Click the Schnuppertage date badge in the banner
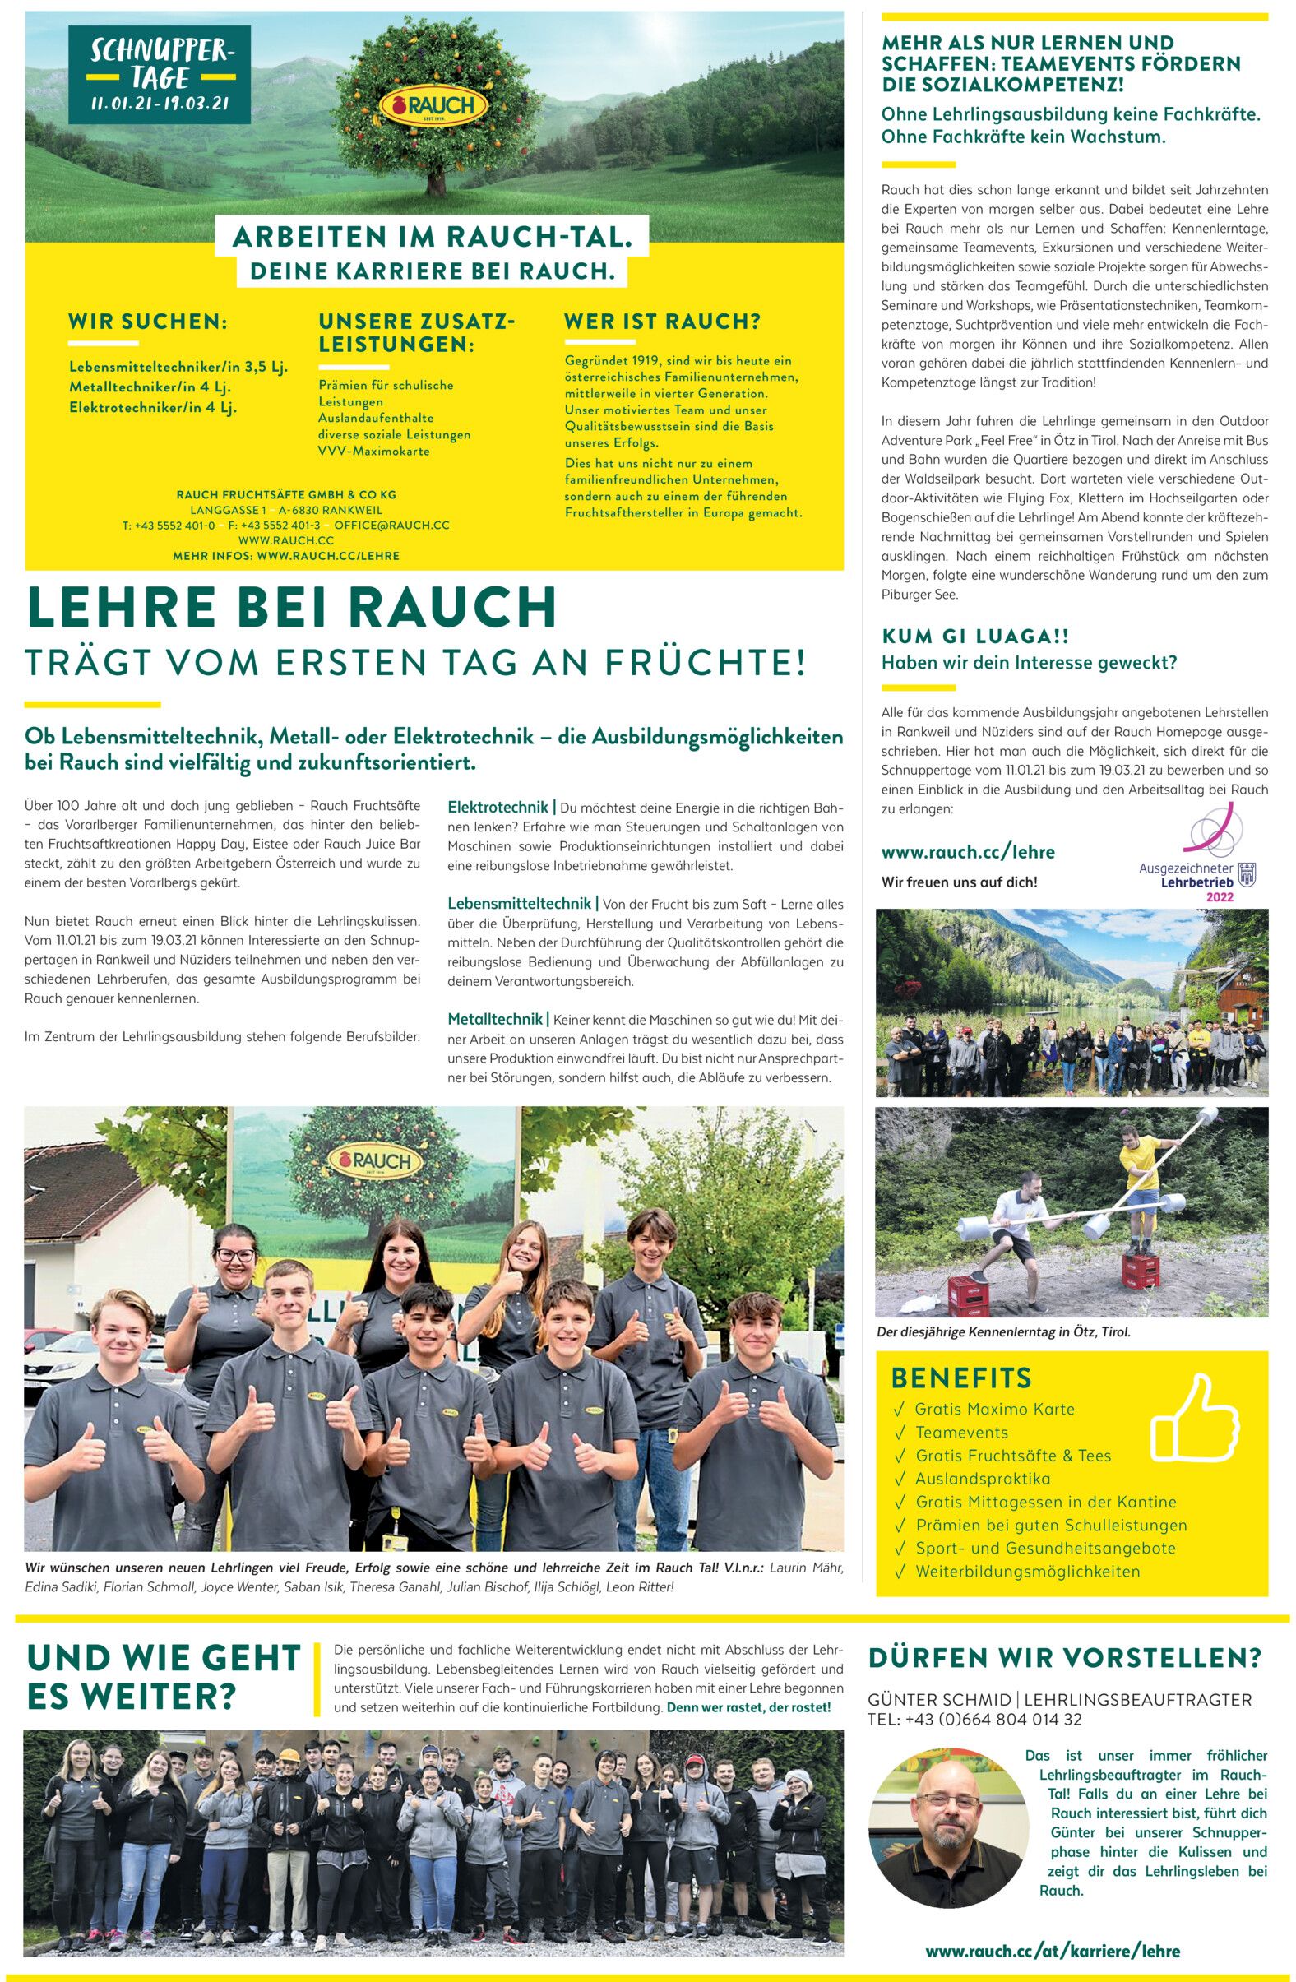pyautogui.click(x=159, y=76)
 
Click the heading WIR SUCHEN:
pyautogui.click(x=148, y=322)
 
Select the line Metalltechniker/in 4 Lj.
pyautogui.click(x=150, y=387)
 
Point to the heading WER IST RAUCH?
pyautogui.click(x=663, y=322)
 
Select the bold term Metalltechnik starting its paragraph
pyautogui.click(x=496, y=1019)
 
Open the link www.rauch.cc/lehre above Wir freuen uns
pyautogui.click(x=968, y=852)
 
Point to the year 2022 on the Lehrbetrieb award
pyautogui.click(x=1220, y=897)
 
